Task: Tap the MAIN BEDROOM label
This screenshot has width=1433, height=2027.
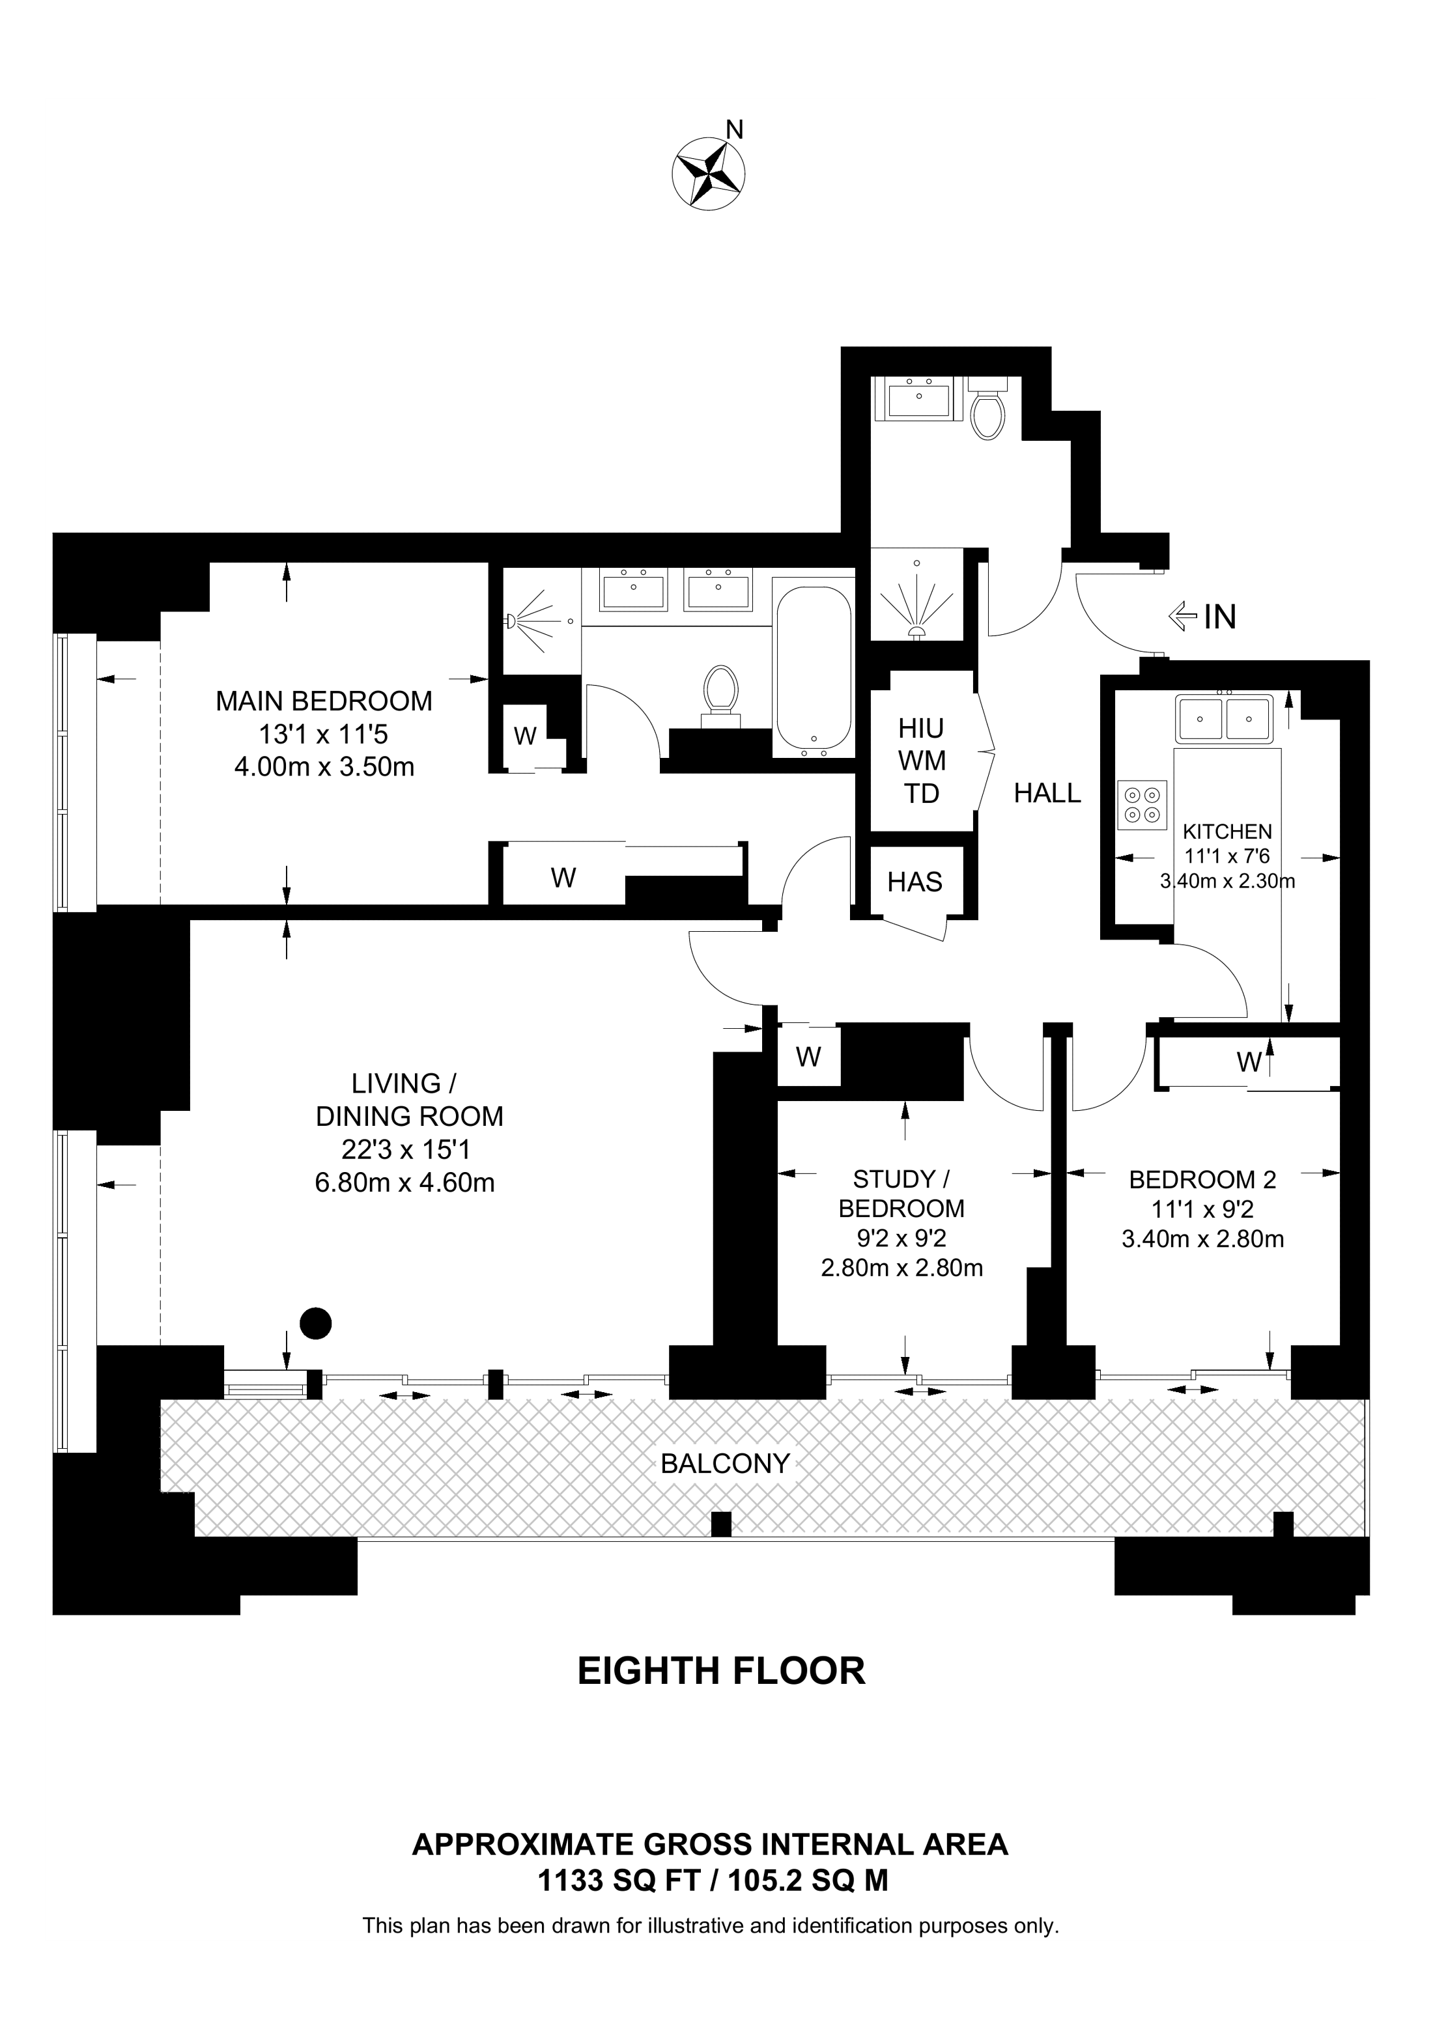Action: coord(324,701)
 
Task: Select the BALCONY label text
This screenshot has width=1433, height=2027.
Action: coord(725,1464)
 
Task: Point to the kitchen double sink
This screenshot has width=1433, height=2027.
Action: coord(1225,718)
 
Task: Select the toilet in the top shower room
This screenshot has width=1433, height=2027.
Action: coord(987,408)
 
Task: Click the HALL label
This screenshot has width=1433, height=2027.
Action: coord(1047,793)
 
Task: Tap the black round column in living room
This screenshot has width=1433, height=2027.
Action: coord(315,1322)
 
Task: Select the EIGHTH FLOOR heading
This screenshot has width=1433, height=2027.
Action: coord(721,1672)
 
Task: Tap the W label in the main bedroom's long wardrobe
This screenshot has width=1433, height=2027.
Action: coord(563,878)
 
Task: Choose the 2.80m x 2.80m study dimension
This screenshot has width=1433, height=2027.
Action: coord(901,1268)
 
